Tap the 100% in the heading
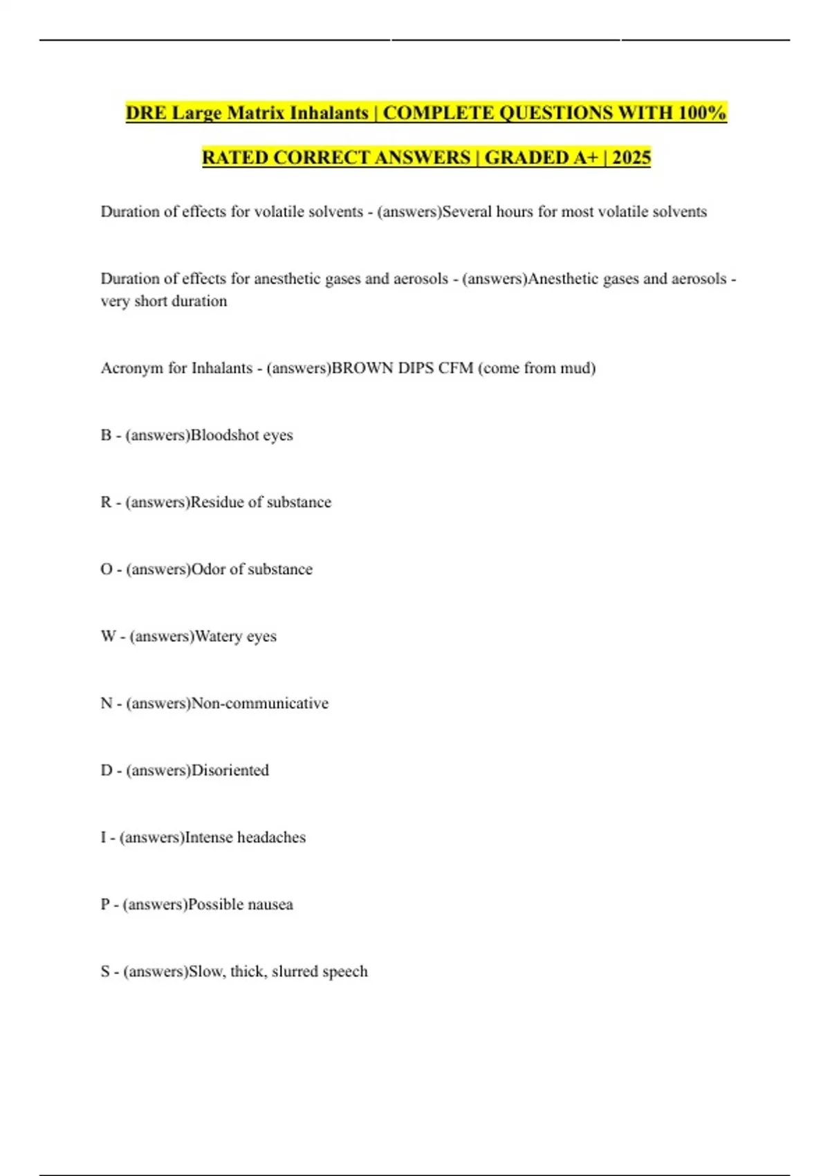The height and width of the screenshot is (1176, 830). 701,113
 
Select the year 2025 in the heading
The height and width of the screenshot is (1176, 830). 631,158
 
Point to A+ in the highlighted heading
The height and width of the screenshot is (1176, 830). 586,158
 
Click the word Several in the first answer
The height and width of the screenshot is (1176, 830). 467,212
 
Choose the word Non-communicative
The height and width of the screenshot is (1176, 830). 260,704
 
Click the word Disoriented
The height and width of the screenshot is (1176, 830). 230,771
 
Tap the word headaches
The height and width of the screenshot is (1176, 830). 271,838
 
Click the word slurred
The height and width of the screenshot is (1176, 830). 295,972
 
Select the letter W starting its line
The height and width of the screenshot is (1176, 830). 108,636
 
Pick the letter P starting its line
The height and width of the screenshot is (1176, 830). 105,905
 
